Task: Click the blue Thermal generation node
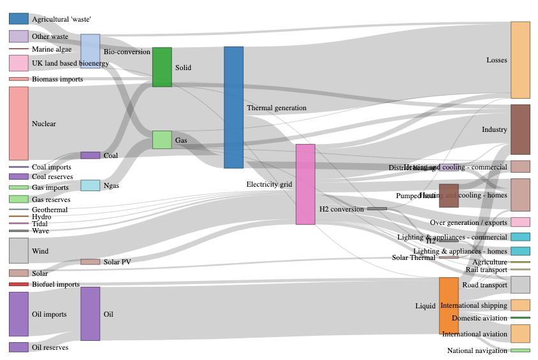233,107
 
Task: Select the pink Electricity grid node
305,184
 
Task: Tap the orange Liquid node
449,305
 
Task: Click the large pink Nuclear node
18,123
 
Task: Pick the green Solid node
162,67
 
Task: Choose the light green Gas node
162,140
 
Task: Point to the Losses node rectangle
520,60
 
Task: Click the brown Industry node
520,129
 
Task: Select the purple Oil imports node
18,314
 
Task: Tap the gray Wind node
18,250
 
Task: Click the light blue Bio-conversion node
90,50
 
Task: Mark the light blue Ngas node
90,185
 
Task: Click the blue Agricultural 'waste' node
18,19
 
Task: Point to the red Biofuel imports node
18,284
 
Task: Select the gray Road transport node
520,285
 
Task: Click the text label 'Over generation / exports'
469,222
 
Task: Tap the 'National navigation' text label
477,350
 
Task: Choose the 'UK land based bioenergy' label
70,63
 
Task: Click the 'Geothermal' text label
50,210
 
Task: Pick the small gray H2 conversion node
377,208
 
